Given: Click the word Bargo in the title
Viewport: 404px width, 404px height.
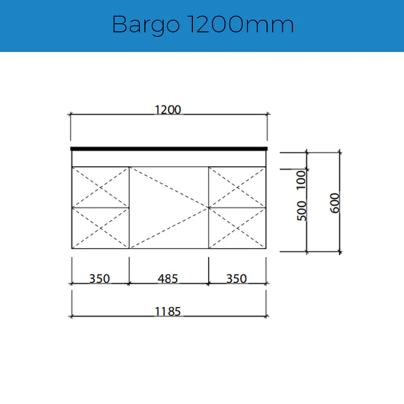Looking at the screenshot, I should pos(145,25).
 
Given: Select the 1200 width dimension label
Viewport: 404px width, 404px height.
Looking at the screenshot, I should pos(168,110).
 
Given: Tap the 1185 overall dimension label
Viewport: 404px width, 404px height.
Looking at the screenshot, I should pos(168,312).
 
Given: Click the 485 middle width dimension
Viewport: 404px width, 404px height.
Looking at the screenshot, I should pos(168,278).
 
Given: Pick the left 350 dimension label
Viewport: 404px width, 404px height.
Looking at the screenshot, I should pos(99,278).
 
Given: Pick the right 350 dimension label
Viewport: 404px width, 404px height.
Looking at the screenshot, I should pos(236,278).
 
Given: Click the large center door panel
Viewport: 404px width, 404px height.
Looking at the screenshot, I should pos(169,208).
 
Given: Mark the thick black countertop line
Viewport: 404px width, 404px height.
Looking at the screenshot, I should pos(169,148).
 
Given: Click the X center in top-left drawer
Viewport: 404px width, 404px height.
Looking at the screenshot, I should pos(100,187).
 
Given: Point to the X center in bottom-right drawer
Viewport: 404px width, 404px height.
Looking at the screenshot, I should pos(237,228).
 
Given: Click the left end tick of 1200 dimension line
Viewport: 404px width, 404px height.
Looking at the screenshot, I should pos(71,115).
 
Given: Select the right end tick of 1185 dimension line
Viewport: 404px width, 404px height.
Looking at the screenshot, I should pos(267,316).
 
